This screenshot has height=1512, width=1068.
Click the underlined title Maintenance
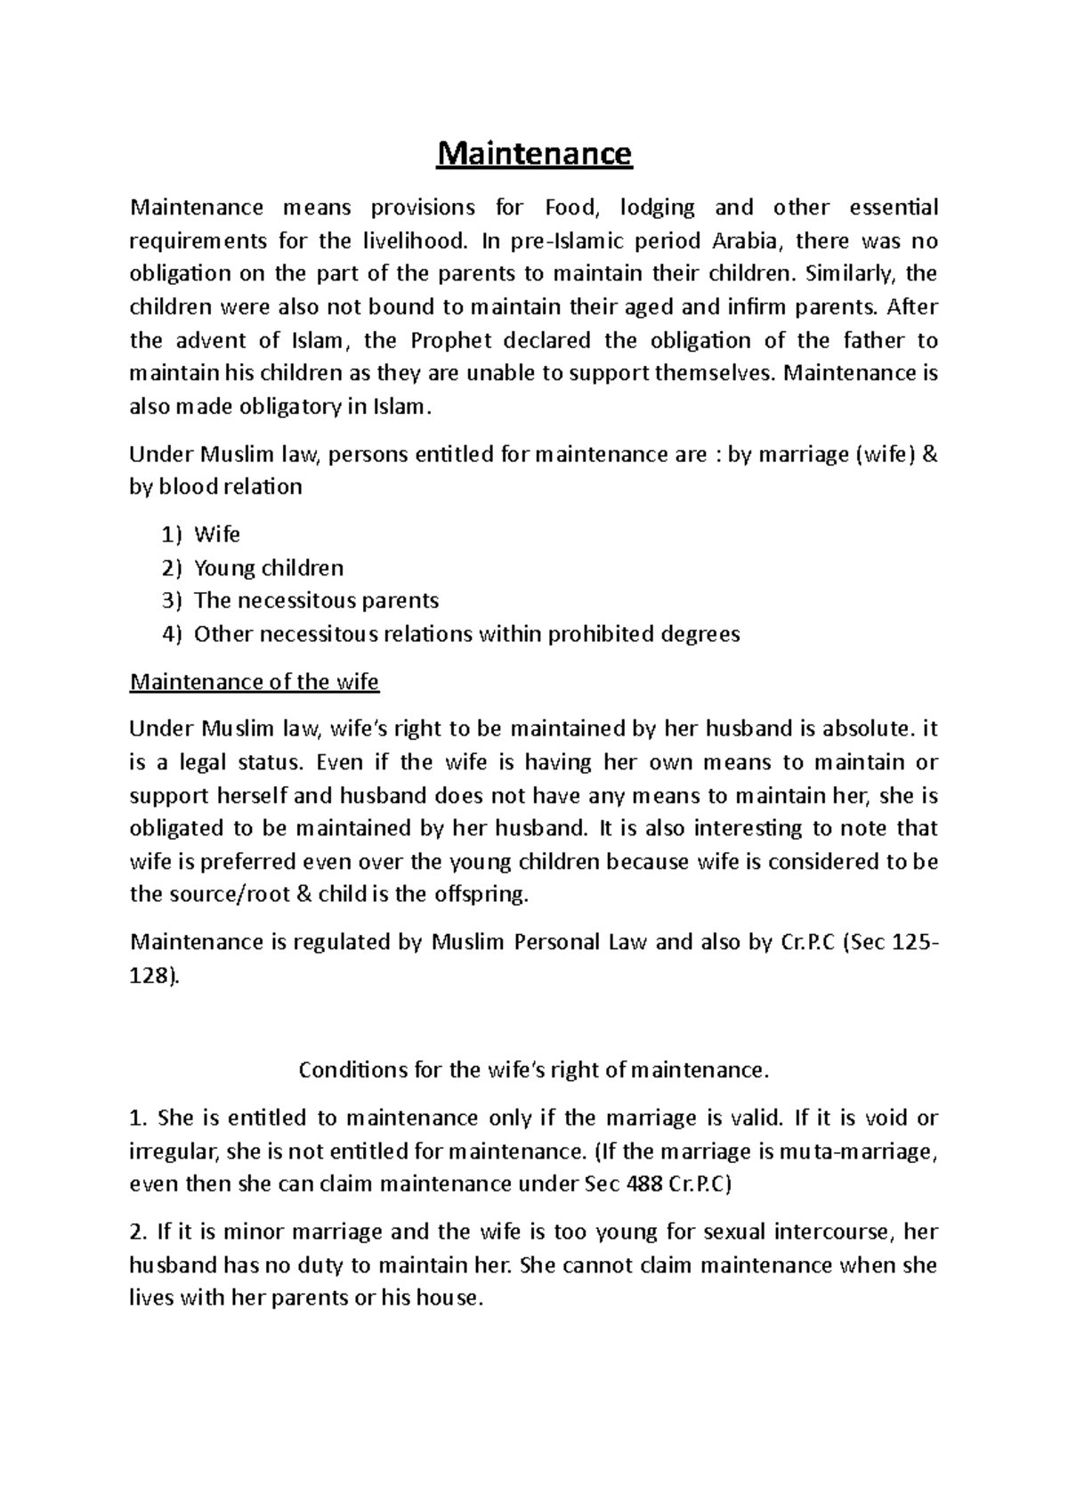[533, 154]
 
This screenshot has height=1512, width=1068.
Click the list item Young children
[268, 567]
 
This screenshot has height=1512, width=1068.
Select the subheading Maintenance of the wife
[254, 682]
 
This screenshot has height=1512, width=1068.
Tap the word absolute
[867, 729]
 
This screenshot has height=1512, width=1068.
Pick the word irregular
[173, 1151]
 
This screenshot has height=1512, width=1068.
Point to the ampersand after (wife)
[931, 455]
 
